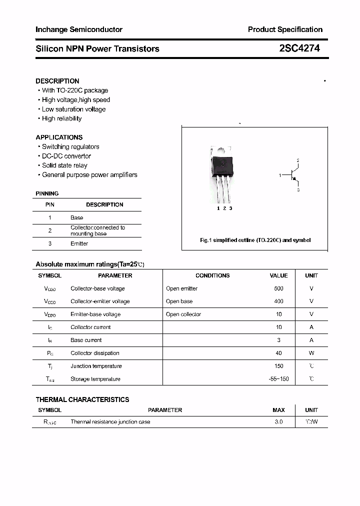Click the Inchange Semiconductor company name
tap(79, 29)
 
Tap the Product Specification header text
tap(285, 29)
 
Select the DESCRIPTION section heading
tap(57, 81)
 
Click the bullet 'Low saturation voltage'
tap(73, 109)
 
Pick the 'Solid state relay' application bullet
tap(64, 165)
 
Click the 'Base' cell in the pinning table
tap(76, 217)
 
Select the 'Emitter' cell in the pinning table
tap(79, 243)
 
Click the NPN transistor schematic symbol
tap(293, 175)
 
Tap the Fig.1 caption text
tap(255, 240)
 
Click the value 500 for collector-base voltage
tap(278, 288)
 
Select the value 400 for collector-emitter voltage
tap(278, 301)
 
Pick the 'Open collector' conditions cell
tap(183, 314)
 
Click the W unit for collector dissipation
tap(311, 353)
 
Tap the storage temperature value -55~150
tap(278, 379)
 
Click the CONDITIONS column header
tap(212, 275)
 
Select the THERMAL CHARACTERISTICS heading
tap(82, 399)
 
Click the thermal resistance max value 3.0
tap(278, 422)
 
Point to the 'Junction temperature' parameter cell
tap(96, 366)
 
